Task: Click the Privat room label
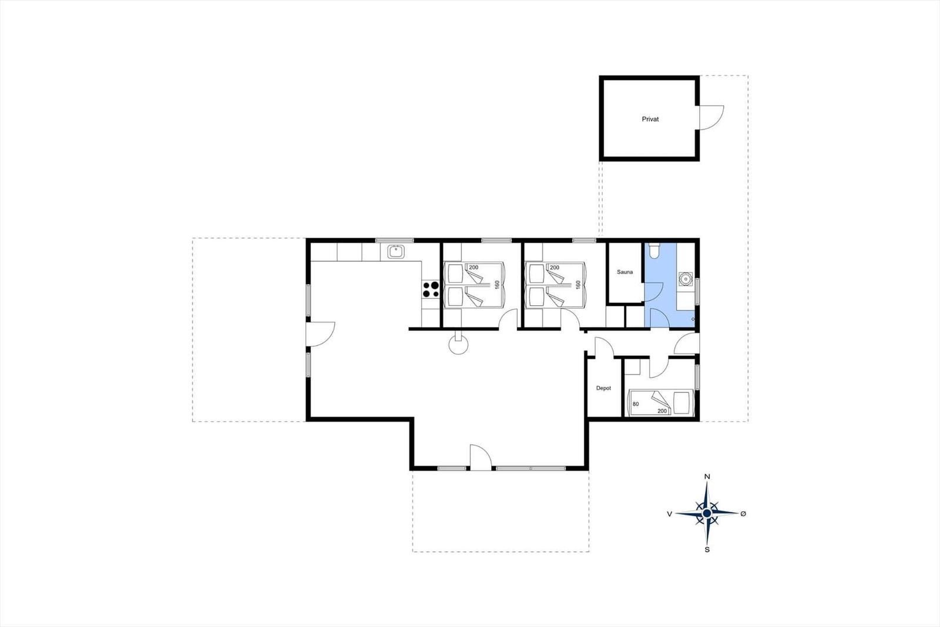click(650, 119)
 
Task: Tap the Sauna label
click(625, 272)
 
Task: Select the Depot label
click(603, 388)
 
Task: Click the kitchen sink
click(396, 252)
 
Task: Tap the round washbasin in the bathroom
click(685, 279)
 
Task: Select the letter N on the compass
click(707, 476)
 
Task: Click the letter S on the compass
click(707, 550)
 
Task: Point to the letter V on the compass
click(669, 513)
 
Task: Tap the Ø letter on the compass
click(743, 513)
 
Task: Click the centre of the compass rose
click(707, 513)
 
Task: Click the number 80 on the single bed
click(636, 404)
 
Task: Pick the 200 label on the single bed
click(662, 411)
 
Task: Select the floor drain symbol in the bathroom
click(693, 319)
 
